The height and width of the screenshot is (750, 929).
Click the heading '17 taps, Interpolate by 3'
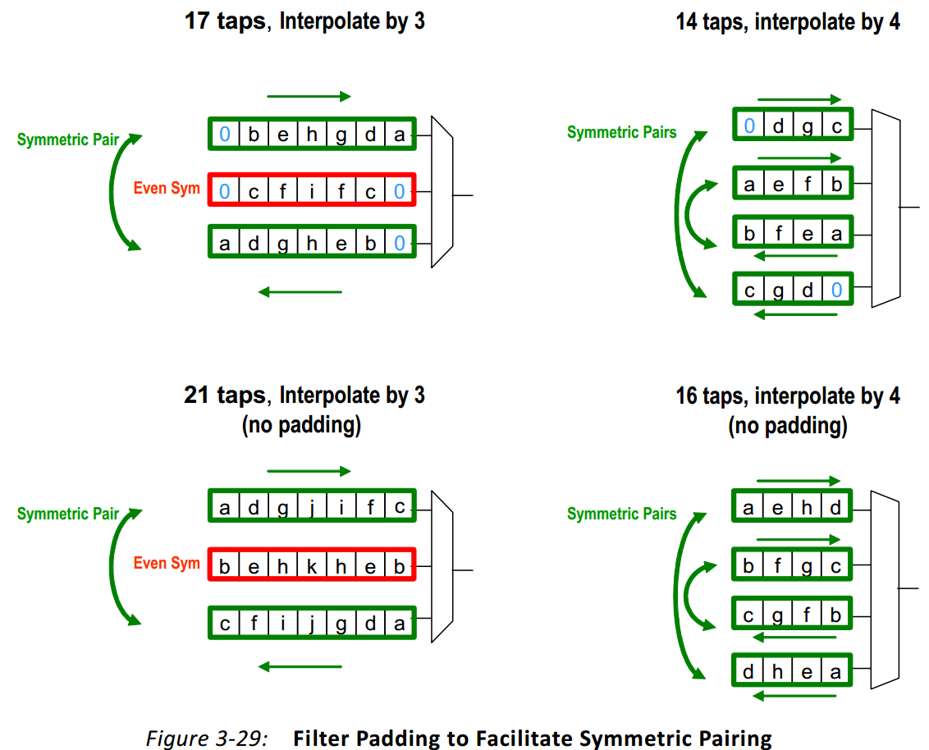(x=304, y=21)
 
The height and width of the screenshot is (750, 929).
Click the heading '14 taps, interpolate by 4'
(x=787, y=22)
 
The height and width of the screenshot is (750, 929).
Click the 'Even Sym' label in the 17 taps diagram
(x=167, y=189)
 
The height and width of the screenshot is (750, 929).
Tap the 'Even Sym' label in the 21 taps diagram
(x=167, y=564)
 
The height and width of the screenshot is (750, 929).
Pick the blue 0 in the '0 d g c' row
(x=749, y=126)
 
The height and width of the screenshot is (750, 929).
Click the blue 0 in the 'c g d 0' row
(x=835, y=290)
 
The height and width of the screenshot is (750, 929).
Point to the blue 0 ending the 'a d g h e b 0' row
(x=399, y=244)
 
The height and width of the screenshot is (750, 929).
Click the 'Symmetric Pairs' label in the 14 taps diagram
(x=621, y=132)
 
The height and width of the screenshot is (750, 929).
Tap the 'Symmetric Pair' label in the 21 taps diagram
(x=68, y=514)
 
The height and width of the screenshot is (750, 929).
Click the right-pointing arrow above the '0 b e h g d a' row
(x=309, y=97)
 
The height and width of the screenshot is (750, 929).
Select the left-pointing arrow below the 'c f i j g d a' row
(x=300, y=665)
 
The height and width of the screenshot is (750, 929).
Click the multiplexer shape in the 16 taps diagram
(x=885, y=589)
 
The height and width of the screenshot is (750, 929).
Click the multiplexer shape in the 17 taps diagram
(x=442, y=192)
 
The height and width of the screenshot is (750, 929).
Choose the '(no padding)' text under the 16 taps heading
(x=787, y=426)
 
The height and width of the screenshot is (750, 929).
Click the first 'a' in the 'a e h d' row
(x=748, y=508)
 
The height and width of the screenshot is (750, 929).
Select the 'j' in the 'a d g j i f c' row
(x=312, y=509)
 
